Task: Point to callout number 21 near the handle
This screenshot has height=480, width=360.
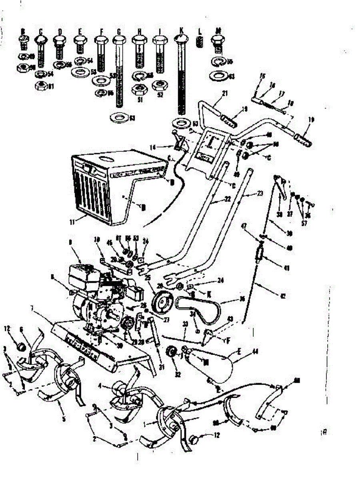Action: point(224,94)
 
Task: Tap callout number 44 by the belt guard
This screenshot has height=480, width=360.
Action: point(255,352)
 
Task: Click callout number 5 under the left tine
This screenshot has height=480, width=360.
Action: point(64,419)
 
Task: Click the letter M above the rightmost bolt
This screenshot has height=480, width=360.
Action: point(218,30)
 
